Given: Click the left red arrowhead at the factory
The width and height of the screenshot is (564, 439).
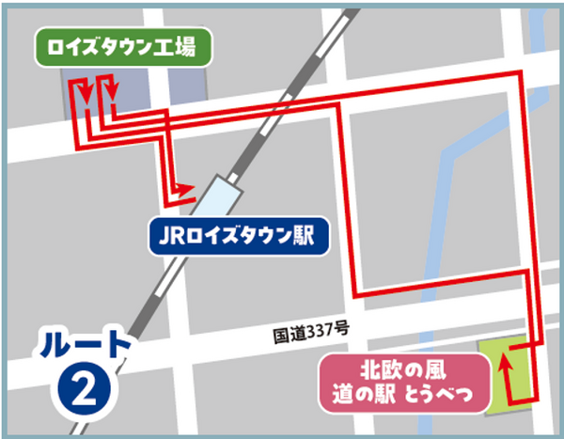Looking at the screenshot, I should tap(86, 96).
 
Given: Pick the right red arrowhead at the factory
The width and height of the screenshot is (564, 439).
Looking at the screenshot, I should tap(110, 94).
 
